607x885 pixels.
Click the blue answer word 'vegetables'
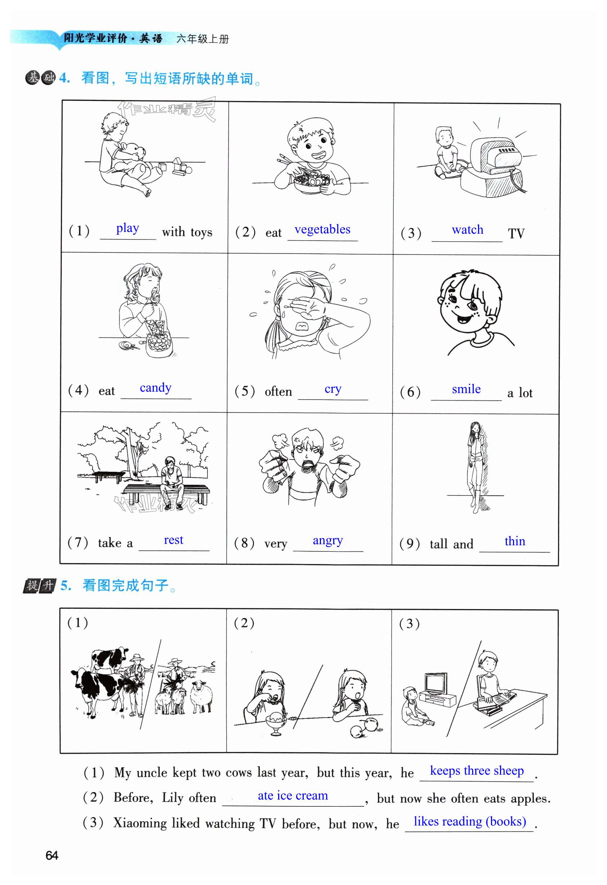[x=322, y=230]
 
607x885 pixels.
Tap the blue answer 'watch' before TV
[x=468, y=230]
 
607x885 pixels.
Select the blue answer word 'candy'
[x=156, y=388]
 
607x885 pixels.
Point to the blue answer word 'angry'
[x=327, y=541]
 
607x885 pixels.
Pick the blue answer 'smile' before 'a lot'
[x=466, y=389]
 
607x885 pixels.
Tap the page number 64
[x=52, y=855]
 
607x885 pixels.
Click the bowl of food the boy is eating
[x=312, y=183]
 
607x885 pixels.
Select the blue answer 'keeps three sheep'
[x=477, y=770]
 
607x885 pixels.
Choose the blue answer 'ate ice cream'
[x=293, y=796]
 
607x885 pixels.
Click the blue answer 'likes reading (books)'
[x=470, y=822]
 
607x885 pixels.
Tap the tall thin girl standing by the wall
[x=475, y=467]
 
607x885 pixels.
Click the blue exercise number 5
[x=66, y=585]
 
